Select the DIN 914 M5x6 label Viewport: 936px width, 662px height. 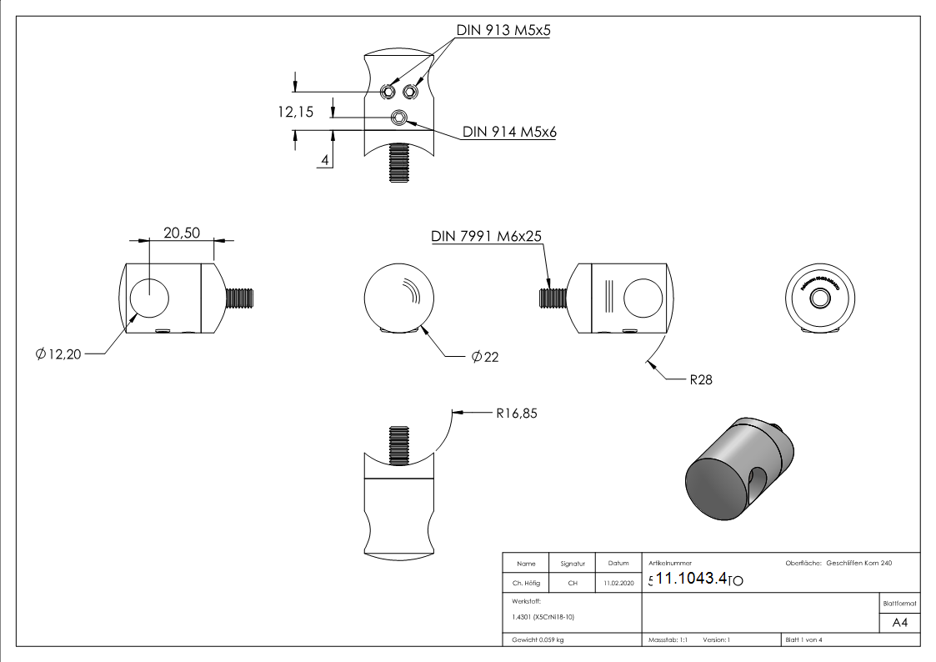[x=509, y=132]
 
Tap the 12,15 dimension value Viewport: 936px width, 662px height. [x=296, y=112]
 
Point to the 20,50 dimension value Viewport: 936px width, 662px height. [x=182, y=233]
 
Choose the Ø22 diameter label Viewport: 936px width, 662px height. [x=484, y=357]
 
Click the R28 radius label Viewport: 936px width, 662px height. [x=699, y=379]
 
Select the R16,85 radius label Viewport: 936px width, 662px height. [x=516, y=411]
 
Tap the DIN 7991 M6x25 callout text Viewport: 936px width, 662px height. [x=487, y=236]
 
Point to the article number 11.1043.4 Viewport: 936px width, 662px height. [x=692, y=579]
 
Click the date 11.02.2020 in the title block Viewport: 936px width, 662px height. [x=618, y=584]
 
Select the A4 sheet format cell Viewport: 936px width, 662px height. [x=899, y=623]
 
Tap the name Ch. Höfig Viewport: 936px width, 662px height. [x=526, y=584]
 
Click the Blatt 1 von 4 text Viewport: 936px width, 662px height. [x=803, y=639]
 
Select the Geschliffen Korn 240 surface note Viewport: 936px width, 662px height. [x=858, y=564]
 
